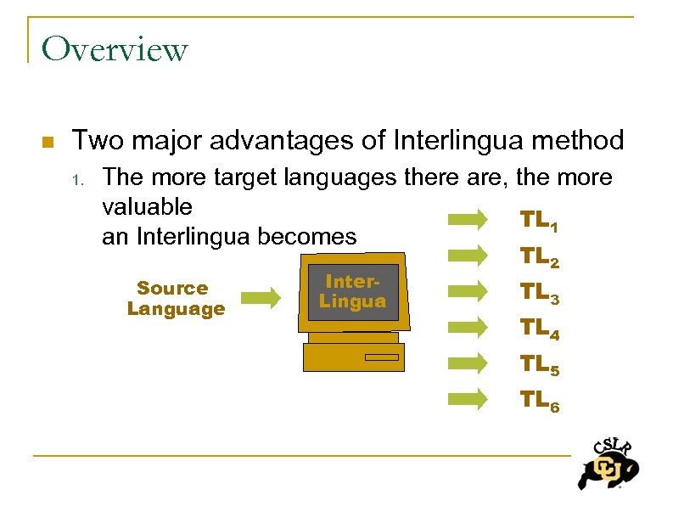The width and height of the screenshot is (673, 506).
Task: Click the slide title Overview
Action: [x=115, y=48]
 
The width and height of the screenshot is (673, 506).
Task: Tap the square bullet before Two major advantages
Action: [x=48, y=141]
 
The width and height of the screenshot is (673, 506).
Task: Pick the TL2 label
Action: [x=538, y=256]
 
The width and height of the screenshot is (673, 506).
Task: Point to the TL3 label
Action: [x=538, y=293]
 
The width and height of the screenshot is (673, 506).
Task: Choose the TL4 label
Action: [x=538, y=328]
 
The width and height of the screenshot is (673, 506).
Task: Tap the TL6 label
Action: [x=538, y=400]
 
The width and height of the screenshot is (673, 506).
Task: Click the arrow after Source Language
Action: [x=261, y=297]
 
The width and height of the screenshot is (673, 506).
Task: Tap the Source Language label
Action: [x=176, y=298]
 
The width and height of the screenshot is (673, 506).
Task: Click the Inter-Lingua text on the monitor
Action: [x=352, y=291]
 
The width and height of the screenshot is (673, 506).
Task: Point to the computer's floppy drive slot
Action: [x=381, y=357]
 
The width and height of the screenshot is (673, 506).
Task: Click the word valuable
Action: [x=147, y=206]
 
